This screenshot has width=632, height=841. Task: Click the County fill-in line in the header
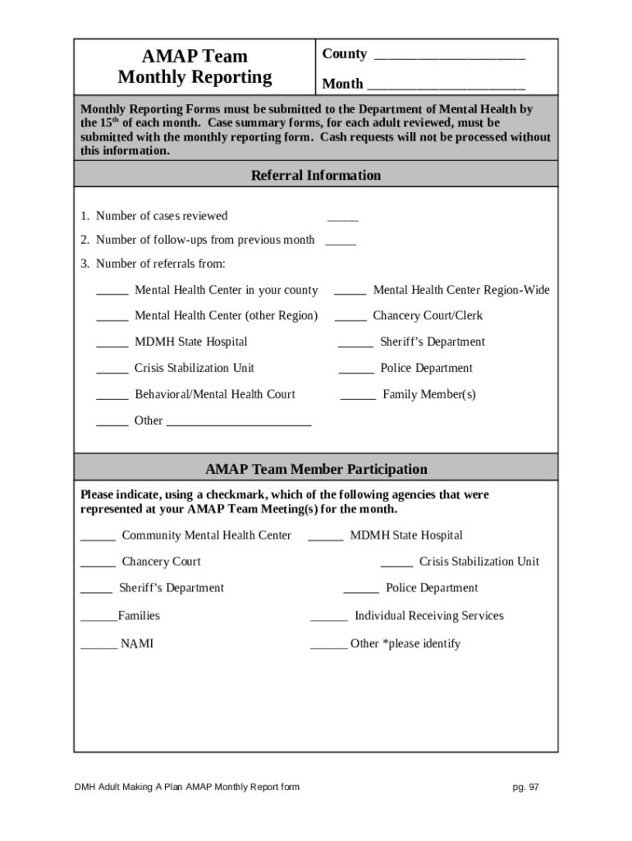[x=449, y=57]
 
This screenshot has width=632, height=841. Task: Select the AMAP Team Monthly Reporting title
[x=195, y=67]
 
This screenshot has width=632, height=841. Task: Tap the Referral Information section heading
[x=315, y=175]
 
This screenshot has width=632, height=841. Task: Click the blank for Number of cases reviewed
[x=343, y=219]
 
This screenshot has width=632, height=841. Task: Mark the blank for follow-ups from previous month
[x=341, y=244]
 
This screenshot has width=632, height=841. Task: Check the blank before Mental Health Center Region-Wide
[x=350, y=293]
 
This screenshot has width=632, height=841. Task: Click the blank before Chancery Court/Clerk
[x=350, y=319]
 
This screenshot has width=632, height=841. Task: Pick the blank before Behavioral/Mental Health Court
[x=112, y=398]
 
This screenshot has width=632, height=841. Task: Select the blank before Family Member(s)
[x=358, y=398]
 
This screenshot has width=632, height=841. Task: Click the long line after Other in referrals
[x=239, y=424]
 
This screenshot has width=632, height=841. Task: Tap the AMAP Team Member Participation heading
[x=316, y=469]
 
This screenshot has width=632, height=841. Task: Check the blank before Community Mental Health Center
[x=98, y=539]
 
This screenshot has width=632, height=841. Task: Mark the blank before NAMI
[x=98, y=647]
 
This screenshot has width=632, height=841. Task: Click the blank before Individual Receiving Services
[x=328, y=619]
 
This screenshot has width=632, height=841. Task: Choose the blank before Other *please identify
[x=328, y=647]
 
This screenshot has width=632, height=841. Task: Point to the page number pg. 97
[x=525, y=787]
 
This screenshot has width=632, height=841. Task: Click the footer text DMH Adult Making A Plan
[x=186, y=787]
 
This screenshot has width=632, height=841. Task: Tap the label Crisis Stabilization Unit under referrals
[x=195, y=368]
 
